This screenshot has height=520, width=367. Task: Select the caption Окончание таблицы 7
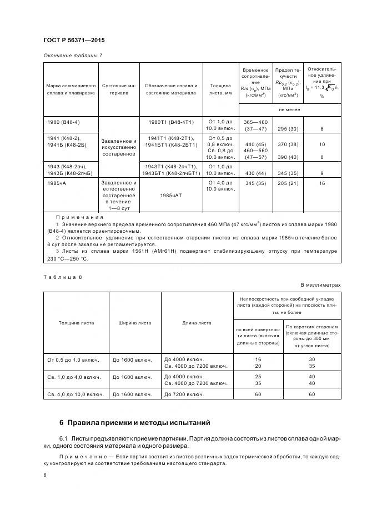coord(73,55)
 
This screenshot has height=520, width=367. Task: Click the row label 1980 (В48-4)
coord(62,122)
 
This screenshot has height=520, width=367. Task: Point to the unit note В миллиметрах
coord(320,284)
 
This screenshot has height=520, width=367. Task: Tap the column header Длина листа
coord(197,323)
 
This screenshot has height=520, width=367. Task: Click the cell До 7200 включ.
coord(183,394)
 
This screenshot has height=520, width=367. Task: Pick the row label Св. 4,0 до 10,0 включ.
coord(76,394)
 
